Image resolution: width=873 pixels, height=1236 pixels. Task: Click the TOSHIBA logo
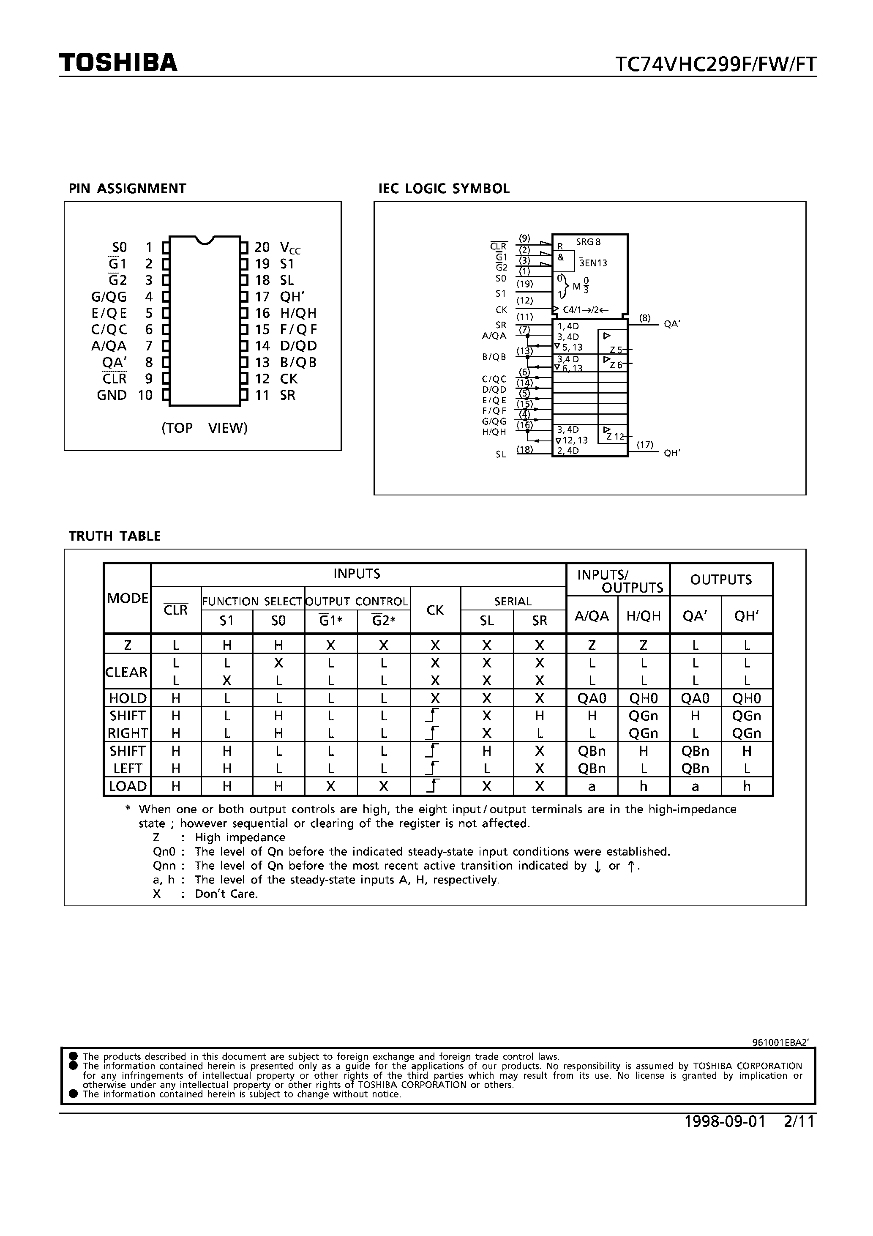pyautogui.click(x=118, y=63)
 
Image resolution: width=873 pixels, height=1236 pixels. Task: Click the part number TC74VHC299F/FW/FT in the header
pyautogui.click(x=715, y=64)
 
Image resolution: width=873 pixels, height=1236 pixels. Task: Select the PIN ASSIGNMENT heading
pyautogui.click(x=127, y=189)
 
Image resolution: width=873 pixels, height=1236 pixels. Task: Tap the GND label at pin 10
pyautogui.click(x=112, y=395)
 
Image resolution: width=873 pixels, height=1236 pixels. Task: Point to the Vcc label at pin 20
pyautogui.click(x=290, y=248)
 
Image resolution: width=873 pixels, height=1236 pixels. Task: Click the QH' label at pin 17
pyautogui.click(x=292, y=297)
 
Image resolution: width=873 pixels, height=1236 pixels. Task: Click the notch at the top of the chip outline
pyautogui.click(x=205, y=240)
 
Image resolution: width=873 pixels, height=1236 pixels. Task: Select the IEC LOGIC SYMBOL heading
pyautogui.click(x=444, y=189)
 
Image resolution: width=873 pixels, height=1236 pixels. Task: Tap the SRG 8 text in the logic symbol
pyautogui.click(x=588, y=242)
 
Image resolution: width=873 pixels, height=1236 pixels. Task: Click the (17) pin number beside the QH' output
pyautogui.click(x=645, y=445)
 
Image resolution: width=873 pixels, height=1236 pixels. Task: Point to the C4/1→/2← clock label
pyautogui.click(x=586, y=310)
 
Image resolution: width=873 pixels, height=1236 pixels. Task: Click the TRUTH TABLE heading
pyautogui.click(x=115, y=536)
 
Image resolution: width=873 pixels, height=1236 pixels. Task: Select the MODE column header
pyautogui.click(x=128, y=598)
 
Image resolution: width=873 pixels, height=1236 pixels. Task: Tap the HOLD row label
pyautogui.click(x=128, y=698)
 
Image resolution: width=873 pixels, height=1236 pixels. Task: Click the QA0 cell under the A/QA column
pyautogui.click(x=592, y=698)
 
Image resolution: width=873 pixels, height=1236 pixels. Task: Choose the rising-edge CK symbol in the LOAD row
pyautogui.click(x=434, y=787)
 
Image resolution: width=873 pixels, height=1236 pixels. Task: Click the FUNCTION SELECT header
pyautogui.click(x=252, y=602)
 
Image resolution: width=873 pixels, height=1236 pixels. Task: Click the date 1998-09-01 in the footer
pyautogui.click(x=724, y=1121)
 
